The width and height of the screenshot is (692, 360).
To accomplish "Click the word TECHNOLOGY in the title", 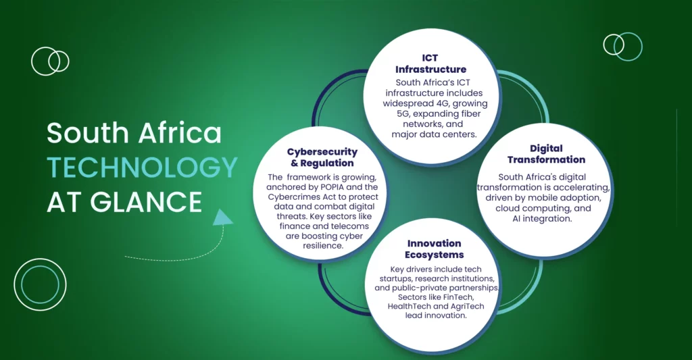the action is click(142, 168).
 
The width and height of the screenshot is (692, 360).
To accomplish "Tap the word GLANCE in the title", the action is click(146, 202).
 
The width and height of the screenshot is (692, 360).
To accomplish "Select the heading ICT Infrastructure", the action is click(430, 63).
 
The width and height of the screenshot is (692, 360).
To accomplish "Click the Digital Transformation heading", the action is click(546, 154).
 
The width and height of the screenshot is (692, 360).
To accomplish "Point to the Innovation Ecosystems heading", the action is click(435, 249).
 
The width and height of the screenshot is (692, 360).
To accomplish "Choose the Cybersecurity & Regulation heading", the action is click(322, 157).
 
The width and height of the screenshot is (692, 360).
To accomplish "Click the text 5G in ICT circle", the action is click(403, 114).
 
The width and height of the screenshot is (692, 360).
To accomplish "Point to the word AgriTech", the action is click(467, 306).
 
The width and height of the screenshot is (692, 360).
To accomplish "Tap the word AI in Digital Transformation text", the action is click(516, 219).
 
